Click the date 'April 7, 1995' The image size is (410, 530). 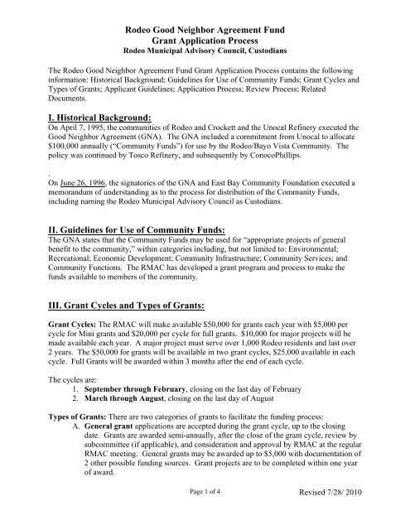coord(67,129)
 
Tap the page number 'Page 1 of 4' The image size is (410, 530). coord(204,515)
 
